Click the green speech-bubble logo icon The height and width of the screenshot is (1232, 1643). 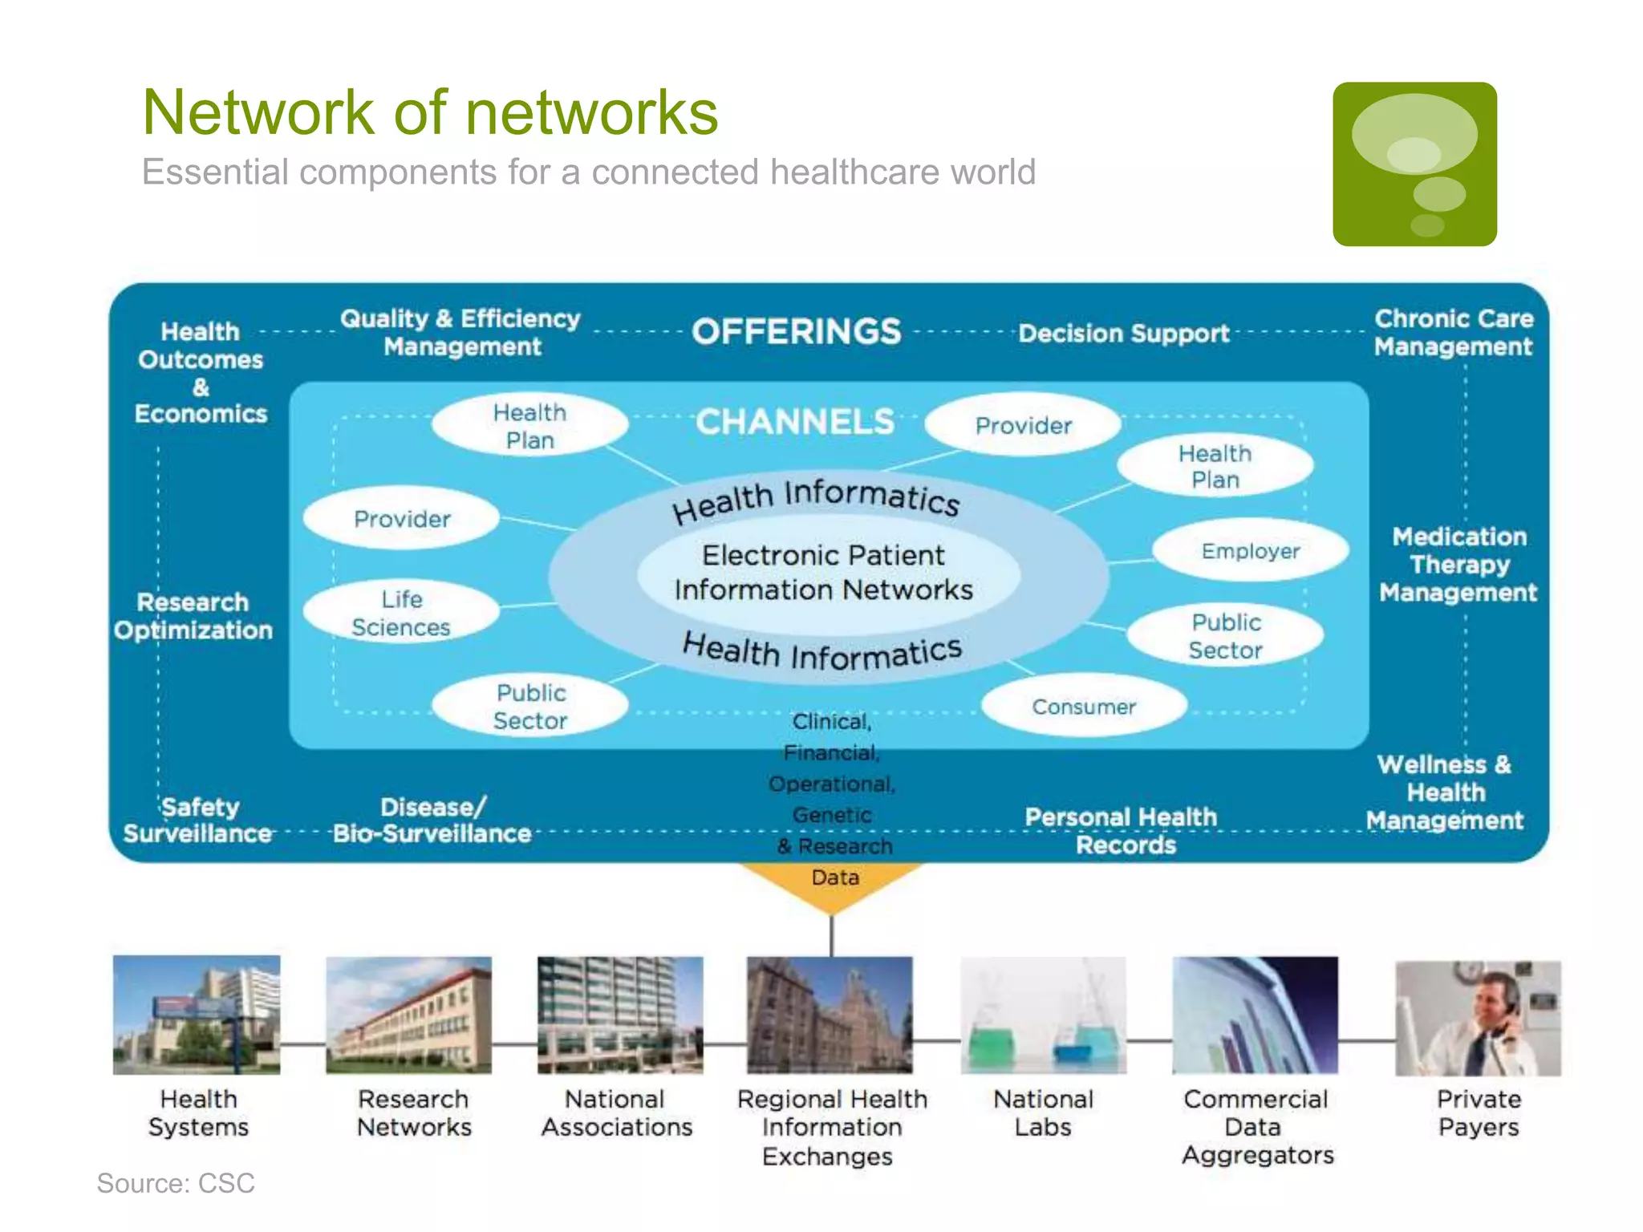pyautogui.click(x=1414, y=164)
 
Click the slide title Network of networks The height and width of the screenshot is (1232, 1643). pyautogui.click(x=430, y=112)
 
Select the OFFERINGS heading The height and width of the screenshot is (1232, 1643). pyautogui.click(x=796, y=332)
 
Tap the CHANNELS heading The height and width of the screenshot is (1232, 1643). pyautogui.click(x=794, y=422)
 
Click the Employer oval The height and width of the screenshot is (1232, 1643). pyautogui.click(x=1250, y=551)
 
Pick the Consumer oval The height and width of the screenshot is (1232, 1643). pyautogui.click(x=1083, y=707)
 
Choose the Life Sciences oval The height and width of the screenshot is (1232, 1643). pyautogui.click(x=401, y=613)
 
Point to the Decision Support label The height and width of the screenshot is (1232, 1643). pyautogui.click(x=1123, y=334)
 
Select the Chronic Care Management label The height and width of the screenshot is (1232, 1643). pyautogui.click(x=1453, y=333)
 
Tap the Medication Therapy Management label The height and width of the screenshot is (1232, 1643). pyautogui.click(x=1458, y=565)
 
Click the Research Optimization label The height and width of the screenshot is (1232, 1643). pyautogui.click(x=193, y=616)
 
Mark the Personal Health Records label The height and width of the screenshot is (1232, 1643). pyautogui.click(x=1122, y=831)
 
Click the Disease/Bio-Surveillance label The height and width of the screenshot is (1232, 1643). pyautogui.click(x=432, y=821)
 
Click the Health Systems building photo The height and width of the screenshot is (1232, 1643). pyautogui.click(x=197, y=1015)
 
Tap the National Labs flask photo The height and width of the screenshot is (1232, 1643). pyautogui.click(x=1043, y=1015)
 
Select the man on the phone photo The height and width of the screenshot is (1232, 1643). pyautogui.click(x=1478, y=1018)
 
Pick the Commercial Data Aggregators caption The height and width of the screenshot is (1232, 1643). pyautogui.click(x=1256, y=1126)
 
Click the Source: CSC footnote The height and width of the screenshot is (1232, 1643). pyautogui.click(x=176, y=1183)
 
